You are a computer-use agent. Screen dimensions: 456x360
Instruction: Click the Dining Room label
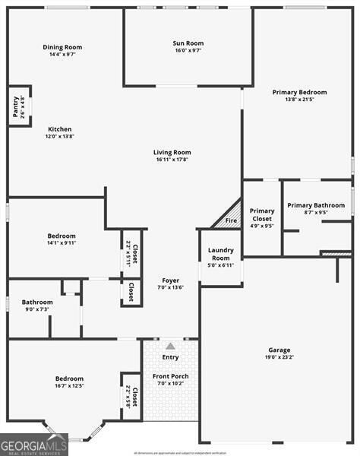(62, 47)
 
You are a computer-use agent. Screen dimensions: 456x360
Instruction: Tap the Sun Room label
(188, 43)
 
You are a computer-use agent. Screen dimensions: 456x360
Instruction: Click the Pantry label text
(16, 106)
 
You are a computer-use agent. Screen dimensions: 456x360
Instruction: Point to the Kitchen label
(60, 129)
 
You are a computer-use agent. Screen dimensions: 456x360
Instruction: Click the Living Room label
(172, 152)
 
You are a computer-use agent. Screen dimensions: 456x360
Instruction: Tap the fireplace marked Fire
(231, 221)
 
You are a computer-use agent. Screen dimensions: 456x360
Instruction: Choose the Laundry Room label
(220, 254)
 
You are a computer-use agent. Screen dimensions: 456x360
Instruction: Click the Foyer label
(169, 280)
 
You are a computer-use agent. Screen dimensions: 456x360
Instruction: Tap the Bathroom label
(37, 302)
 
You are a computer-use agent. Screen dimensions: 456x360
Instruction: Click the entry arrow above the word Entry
(170, 345)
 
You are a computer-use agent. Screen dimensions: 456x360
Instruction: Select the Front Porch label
(170, 376)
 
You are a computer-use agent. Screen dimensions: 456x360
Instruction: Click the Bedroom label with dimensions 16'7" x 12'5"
(69, 378)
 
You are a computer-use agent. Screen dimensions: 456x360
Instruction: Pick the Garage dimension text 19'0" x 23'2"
(279, 357)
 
